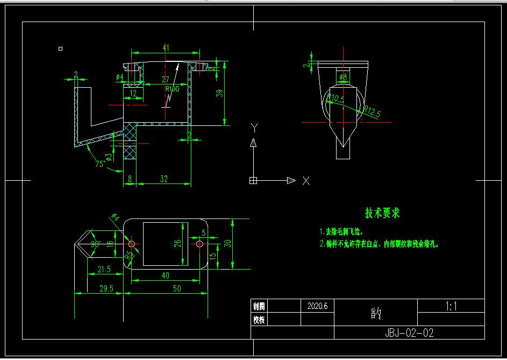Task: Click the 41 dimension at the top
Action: click(166, 48)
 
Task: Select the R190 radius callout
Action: click(172, 89)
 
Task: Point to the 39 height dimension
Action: click(219, 93)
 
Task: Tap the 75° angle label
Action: click(100, 164)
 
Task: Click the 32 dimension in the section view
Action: click(164, 179)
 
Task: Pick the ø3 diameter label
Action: click(109, 157)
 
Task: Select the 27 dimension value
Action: click(166, 80)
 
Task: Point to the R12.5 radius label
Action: click(372, 112)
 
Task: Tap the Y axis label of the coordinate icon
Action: click(255, 128)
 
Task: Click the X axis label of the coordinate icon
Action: click(306, 181)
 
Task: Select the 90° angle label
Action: click(96, 244)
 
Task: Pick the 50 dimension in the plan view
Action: click(177, 289)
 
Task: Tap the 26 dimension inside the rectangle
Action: click(178, 243)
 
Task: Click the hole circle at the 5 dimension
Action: click(199, 244)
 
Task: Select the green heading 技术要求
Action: click(383, 213)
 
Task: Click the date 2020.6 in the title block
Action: click(317, 306)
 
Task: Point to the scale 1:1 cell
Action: click(451, 307)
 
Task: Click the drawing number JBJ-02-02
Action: click(409, 333)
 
